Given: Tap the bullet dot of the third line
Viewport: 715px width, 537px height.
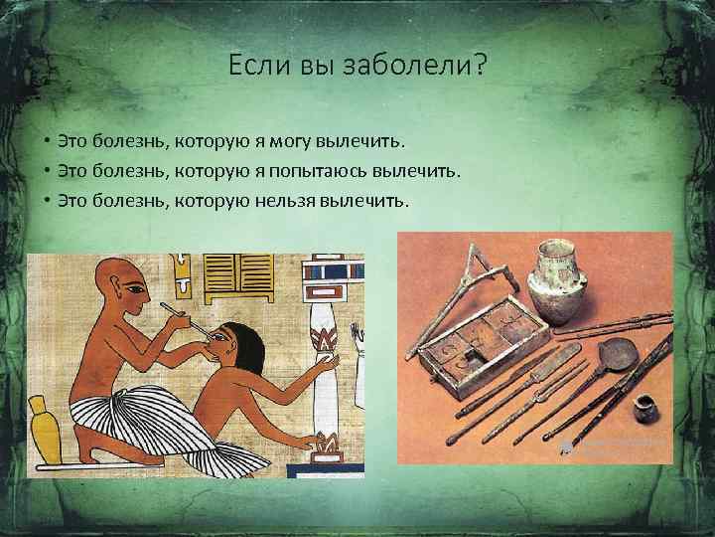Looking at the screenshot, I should pyautogui.click(x=47, y=201).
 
